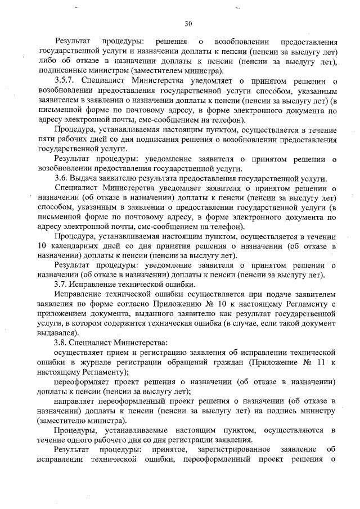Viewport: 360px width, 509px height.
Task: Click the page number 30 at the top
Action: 188,23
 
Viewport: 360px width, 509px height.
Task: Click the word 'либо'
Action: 44,61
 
